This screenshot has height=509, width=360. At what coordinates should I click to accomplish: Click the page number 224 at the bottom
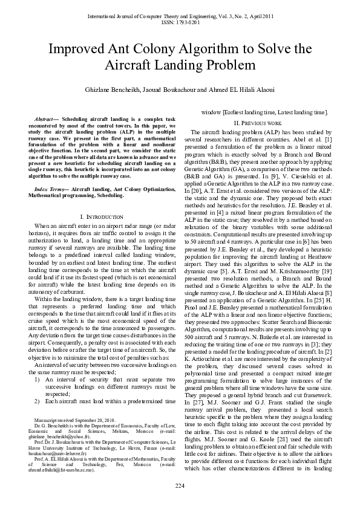click(x=180, y=487)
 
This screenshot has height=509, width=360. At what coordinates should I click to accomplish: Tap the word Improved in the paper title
click(x=77, y=49)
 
